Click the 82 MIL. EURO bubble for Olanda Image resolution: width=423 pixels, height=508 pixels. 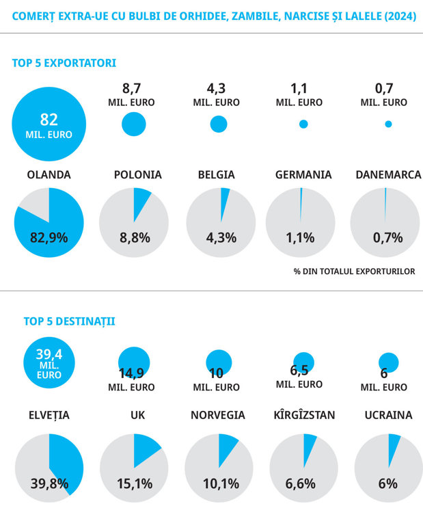tap(49, 124)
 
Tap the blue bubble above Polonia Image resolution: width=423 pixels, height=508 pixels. tap(134, 124)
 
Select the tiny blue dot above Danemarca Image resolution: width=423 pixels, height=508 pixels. tap(388, 124)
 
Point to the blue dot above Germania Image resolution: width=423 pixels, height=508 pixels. tap(303, 124)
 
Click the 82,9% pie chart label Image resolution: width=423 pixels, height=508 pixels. tap(49, 238)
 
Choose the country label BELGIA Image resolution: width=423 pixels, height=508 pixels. tap(217, 174)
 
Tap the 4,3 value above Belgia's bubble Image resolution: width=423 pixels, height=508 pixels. tap(216, 88)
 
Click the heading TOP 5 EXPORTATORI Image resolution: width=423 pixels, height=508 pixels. tap(64, 63)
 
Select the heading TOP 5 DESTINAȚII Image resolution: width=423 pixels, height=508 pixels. tap(69, 321)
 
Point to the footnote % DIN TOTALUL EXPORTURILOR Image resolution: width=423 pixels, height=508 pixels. tap(355, 271)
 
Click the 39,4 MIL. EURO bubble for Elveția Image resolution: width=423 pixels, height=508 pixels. tap(49, 362)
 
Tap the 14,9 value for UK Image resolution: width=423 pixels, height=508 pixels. tap(131, 373)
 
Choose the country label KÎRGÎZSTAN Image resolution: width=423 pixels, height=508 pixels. tap(305, 415)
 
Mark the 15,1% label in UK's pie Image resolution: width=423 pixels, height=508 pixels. tap(135, 483)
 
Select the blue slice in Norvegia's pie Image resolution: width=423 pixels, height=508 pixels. tap(226, 447)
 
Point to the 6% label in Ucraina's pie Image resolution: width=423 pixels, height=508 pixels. tap(388, 483)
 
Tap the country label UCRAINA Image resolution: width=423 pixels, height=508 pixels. tap(389, 415)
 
